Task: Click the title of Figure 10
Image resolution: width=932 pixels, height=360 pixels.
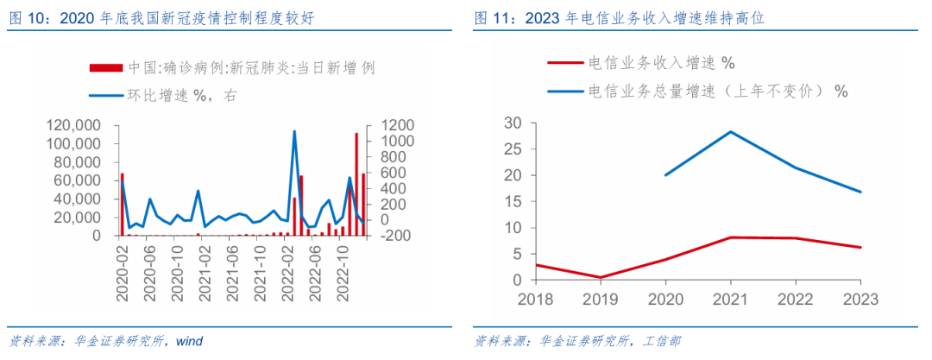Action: click(x=155, y=16)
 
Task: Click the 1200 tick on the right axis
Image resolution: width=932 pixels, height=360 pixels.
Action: click(x=388, y=125)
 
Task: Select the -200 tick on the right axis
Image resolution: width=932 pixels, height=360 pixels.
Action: click(x=388, y=236)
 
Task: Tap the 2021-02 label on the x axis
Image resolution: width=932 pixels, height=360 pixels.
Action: click(x=205, y=272)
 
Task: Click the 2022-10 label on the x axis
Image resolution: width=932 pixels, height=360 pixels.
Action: click(x=343, y=272)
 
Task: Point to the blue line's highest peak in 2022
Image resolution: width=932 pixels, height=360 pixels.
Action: click(x=294, y=131)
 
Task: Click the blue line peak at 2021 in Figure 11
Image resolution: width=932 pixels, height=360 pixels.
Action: click(x=730, y=131)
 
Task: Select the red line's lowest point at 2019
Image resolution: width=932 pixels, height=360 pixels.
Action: click(x=600, y=277)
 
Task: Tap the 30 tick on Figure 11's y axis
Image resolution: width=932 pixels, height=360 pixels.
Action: click(x=513, y=123)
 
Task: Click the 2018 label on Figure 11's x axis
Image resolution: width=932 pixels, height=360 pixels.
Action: click(x=536, y=299)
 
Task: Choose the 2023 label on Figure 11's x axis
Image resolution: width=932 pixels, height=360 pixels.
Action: click(x=860, y=299)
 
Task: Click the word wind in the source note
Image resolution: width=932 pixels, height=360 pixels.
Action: click(x=189, y=341)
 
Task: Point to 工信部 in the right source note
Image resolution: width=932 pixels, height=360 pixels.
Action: click(x=661, y=341)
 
